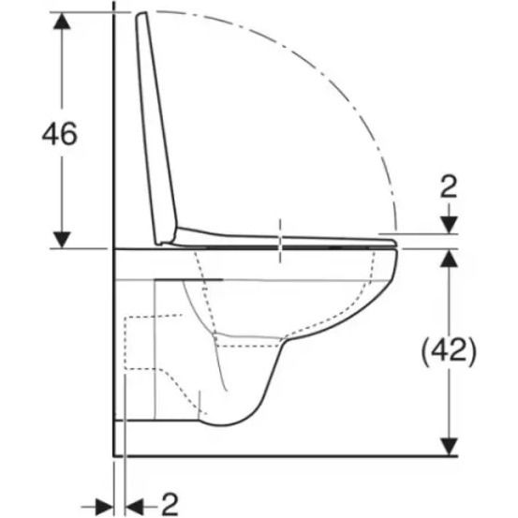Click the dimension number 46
click(x=59, y=133)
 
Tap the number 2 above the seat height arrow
click(x=449, y=186)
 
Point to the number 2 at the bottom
click(x=170, y=505)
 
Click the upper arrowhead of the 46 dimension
click(x=62, y=21)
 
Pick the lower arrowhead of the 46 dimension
click(x=62, y=240)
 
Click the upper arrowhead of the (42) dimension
click(x=450, y=259)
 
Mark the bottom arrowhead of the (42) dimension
click(x=450, y=446)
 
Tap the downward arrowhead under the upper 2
click(x=450, y=225)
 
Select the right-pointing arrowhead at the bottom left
click(x=104, y=507)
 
